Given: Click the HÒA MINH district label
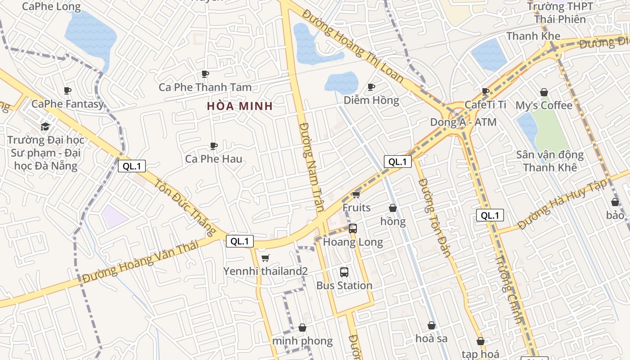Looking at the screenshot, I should coord(240,106).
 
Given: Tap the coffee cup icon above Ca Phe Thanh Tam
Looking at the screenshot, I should coord(205,74).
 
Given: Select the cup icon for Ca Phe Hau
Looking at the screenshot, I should coord(214,146).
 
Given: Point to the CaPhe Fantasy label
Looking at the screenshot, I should coord(67,104).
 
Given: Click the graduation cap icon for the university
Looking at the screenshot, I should coord(45,126).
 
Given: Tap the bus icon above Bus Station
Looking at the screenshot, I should coord(344,272).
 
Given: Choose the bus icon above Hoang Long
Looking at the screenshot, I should coord(353,228).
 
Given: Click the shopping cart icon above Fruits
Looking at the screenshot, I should coord(356,194).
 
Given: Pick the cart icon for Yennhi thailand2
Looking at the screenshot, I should coord(265,258).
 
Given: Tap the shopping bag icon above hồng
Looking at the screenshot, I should coord(393,208).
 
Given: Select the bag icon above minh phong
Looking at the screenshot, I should coord(302,328).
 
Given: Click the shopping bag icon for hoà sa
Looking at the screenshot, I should coord(432,325).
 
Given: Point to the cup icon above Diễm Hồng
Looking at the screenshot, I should coord(371,86).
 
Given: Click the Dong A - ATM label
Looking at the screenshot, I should coord(463,122).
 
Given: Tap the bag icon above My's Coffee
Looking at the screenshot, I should coord(544,92).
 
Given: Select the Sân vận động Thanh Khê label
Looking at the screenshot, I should coord(550,161).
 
